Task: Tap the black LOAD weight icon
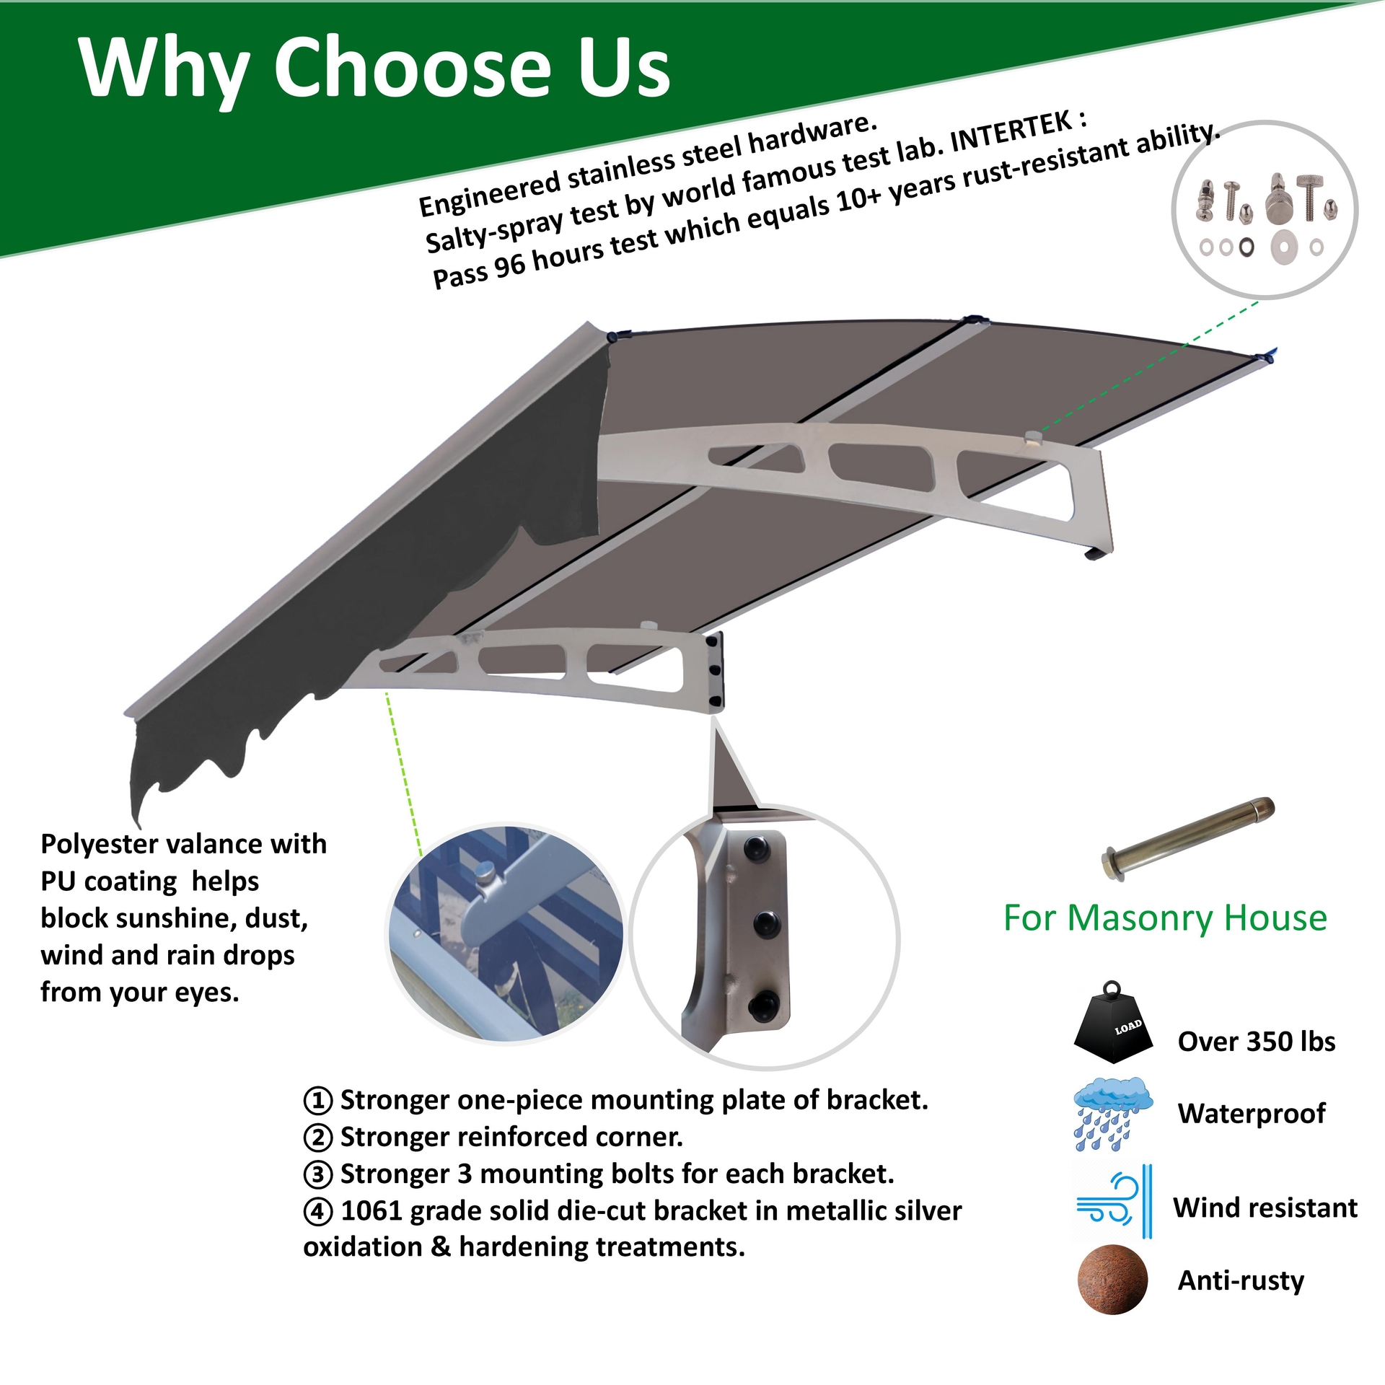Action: pos(1113,1024)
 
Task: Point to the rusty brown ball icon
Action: pos(1112,1279)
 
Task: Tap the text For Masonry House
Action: pos(1164,918)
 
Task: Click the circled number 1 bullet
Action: pos(317,1101)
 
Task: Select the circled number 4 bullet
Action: pos(317,1211)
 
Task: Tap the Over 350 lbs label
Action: pos(1256,1041)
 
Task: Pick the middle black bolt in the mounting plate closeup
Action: pos(765,921)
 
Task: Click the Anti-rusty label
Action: pos(1241,1280)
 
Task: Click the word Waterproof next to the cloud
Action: pos(1251,1113)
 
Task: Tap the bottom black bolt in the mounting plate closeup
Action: pos(765,1003)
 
